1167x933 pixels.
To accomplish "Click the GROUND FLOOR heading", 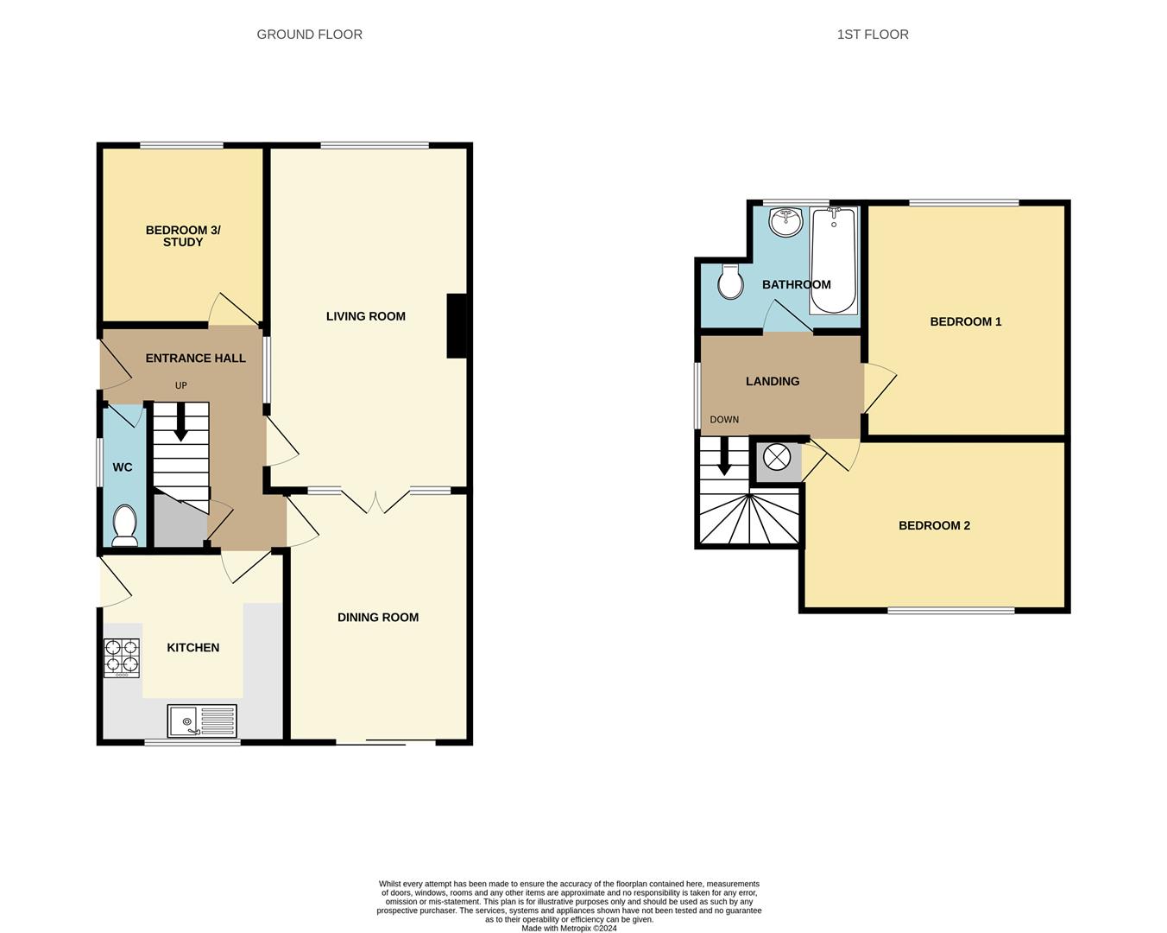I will click(x=309, y=35).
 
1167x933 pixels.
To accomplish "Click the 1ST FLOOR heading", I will click(x=872, y=35).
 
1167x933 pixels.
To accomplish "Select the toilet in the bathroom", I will click(x=731, y=282).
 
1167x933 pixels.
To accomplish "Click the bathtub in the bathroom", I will click(x=833, y=260).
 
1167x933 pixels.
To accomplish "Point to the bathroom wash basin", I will click(x=786, y=221).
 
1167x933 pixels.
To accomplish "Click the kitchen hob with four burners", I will click(x=122, y=656).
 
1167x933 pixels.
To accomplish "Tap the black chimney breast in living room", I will click(x=457, y=326).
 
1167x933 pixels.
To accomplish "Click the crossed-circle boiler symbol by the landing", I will click(x=777, y=457).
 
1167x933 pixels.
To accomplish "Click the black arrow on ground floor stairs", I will click(x=180, y=423).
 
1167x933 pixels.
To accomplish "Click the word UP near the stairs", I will click(x=180, y=385).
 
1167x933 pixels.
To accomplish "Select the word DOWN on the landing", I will click(x=724, y=420).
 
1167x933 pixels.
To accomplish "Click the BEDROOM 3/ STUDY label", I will click(x=183, y=236).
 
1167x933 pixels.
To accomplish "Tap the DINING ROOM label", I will click(x=377, y=617).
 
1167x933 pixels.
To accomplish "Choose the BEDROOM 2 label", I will click(x=934, y=525).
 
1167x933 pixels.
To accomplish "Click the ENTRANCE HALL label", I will click(x=195, y=358).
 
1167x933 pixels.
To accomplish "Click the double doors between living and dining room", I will click(x=376, y=500).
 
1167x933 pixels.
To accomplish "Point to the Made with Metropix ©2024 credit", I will click(x=569, y=929).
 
